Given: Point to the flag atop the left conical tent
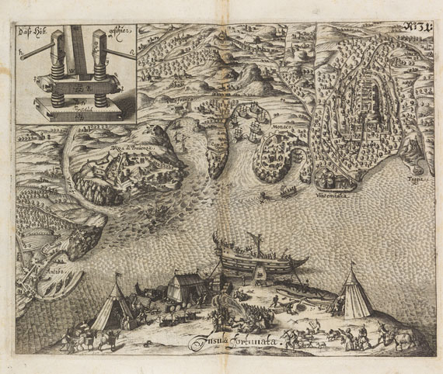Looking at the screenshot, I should click(x=117, y=274).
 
